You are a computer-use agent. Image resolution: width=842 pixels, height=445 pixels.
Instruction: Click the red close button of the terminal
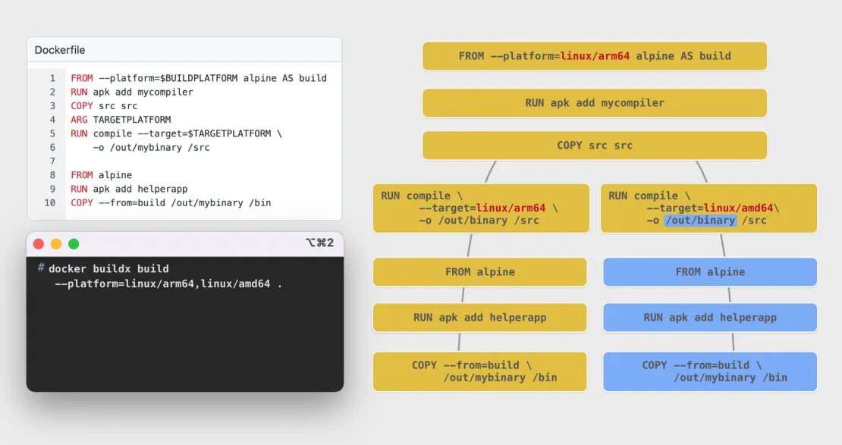click(x=39, y=244)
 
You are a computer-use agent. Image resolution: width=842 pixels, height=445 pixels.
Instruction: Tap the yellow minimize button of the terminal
click(x=56, y=244)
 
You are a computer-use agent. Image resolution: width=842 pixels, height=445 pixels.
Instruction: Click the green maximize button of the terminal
click(x=74, y=244)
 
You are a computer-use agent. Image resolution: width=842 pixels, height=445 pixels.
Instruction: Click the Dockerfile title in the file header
click(x=60, y=50)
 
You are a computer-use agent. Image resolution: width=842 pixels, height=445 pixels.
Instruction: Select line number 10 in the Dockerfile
click(x=50, y=202)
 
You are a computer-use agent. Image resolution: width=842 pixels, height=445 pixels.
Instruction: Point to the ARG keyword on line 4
click(x=80, y=120)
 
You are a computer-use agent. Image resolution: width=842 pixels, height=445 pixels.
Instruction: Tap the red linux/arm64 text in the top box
click(x=595, y=56)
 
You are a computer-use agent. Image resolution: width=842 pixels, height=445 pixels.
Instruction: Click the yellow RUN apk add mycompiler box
click(x=594, y=103)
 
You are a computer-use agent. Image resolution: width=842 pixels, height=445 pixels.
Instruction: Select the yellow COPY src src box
click(x=594, y=146)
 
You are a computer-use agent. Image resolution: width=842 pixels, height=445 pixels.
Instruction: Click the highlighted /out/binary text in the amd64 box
click(x=700, y=221)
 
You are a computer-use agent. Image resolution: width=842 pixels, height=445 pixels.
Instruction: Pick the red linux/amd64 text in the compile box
click(x=740, y=208)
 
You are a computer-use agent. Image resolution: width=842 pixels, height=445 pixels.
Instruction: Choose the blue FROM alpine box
click(x=709, y=272)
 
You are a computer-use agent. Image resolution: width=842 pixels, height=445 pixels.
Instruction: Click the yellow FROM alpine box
click(x=479, y=272)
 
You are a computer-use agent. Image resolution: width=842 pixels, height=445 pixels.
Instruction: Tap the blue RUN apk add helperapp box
click(x=709, y=318)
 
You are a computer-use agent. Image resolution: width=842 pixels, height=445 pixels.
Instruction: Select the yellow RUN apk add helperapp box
click(x=479, y=318)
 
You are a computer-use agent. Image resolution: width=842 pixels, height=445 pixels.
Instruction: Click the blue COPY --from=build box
click(x=709, y=371)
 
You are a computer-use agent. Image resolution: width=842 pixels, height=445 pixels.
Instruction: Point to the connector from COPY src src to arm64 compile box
click(x=490, y=172)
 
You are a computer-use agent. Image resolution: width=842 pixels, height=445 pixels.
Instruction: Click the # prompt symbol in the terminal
click(x=40, y=268)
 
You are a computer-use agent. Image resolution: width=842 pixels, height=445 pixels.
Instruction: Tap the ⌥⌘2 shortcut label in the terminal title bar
click(x=319, y=243)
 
